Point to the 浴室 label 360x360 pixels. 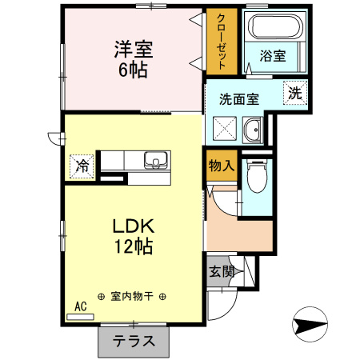(273, 56)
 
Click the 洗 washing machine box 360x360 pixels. (295, 93)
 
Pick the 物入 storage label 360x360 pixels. (221, 167)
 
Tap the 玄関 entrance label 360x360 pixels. (222, 271)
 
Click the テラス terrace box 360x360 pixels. (133, 342)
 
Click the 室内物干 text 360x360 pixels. (133, 296)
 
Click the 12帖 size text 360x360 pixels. (133, 246)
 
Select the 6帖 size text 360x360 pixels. (132, 69)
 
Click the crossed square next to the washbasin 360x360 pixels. (226, 128)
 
